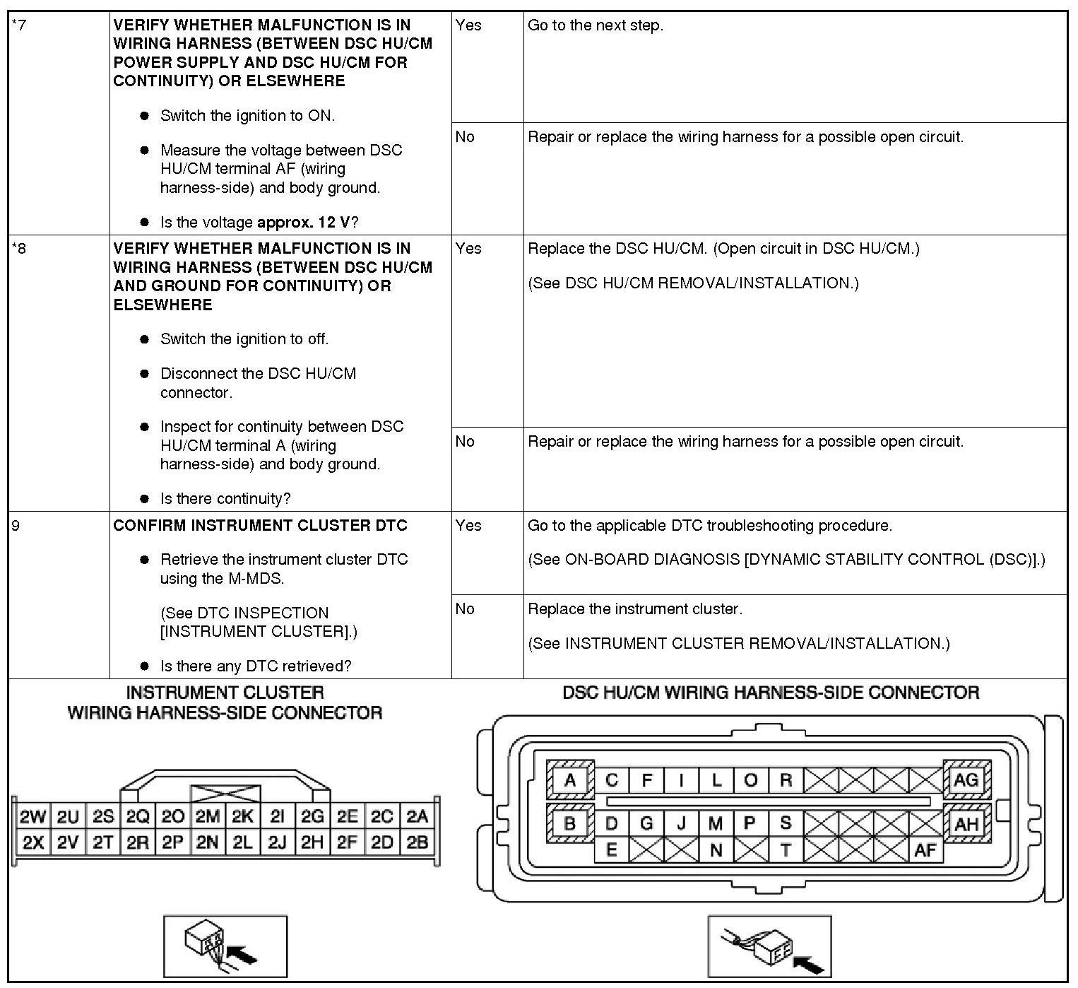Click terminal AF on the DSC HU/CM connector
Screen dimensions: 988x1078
[x=925, y=850]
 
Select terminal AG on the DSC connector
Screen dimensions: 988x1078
[x=966, y=780]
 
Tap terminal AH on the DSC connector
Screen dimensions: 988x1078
[x=966, y=823]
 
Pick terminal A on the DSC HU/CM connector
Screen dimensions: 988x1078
[x=570, y=781]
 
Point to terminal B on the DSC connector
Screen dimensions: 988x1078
[x=570, y=823]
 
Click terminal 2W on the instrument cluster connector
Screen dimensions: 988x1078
[x=32, y=817]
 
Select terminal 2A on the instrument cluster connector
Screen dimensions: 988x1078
[x=417, y=817]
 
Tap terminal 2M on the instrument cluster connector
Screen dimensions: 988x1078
[x=208, y=817]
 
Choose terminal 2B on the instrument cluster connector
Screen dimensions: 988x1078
[x=417, y=842]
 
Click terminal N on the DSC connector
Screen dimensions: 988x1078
[x=716, y=850]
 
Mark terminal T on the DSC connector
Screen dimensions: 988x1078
[x=786, y=850]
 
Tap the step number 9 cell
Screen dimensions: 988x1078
[x=16, y=526]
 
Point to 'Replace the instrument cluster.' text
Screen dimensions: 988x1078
[x=635, y=609]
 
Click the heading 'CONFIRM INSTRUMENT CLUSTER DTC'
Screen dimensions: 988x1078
[x=261, y=526]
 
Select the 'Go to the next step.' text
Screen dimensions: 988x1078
[x=596, y=25]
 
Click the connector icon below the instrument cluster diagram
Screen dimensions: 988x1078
[x=225, y=946]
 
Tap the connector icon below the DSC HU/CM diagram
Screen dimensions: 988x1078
[x=769, y=946]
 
